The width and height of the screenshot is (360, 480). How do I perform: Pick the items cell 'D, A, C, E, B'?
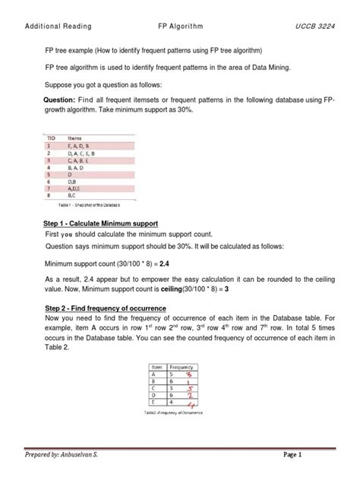86,153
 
